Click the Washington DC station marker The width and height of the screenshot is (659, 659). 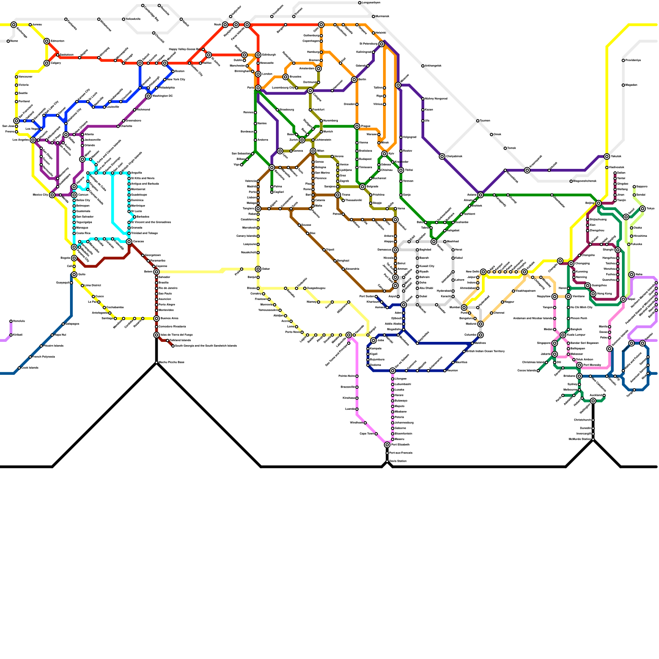point(148,96)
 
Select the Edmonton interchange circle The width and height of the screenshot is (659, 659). point(47,41)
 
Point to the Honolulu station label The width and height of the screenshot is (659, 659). point(19,321)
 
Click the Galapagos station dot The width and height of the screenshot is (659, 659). point(63,324)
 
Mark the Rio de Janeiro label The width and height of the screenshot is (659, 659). point(168,288)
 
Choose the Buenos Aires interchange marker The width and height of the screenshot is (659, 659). point(157,318)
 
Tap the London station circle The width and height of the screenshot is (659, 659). point(258,74)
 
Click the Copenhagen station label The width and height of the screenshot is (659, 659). point(311,41)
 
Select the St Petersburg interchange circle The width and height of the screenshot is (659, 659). point(382,44)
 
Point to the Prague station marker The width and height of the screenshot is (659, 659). point(357,126)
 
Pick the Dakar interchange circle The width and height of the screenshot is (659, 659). point(258,269)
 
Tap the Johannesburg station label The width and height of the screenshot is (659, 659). point(404,423)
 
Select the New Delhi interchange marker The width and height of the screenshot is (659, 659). point(483,272)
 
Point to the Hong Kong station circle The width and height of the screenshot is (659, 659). point(593,294)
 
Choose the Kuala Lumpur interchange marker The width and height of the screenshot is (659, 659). point(563,335)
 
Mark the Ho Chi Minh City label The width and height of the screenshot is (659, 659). point(582,307)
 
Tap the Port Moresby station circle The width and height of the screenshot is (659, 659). point(580,365)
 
